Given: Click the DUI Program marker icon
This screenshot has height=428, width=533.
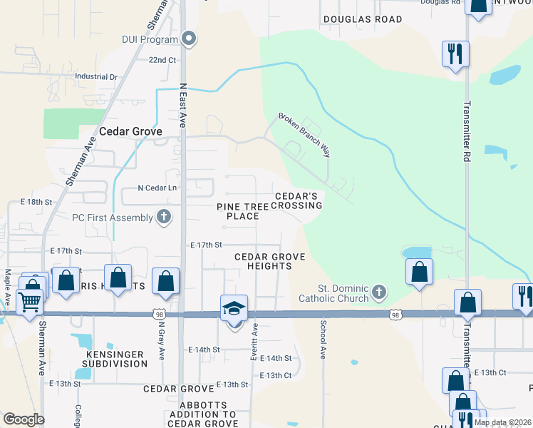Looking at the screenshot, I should tap(189, 39).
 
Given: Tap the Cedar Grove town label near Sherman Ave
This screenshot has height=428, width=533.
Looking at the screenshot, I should tap(131, 131).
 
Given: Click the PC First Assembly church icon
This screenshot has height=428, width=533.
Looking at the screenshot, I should tap(164, 217).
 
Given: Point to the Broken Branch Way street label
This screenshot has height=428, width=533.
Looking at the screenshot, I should tap(304, 134).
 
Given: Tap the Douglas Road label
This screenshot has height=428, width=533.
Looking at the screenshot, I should tap(363, 19).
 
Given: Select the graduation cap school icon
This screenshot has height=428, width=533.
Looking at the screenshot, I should tap(234, 309).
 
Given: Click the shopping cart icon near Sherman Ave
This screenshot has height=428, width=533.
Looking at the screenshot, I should tap(29, 302).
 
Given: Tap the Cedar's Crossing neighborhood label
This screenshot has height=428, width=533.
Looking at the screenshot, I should tap(299, 200).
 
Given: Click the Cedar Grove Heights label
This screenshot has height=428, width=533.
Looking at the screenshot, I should tap(270, 261).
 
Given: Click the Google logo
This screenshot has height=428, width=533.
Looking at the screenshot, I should tap(24, 419).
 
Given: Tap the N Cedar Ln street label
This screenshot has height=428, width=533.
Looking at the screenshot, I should tap(157, 188).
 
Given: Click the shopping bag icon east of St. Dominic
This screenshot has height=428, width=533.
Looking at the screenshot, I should tap(419, 272).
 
